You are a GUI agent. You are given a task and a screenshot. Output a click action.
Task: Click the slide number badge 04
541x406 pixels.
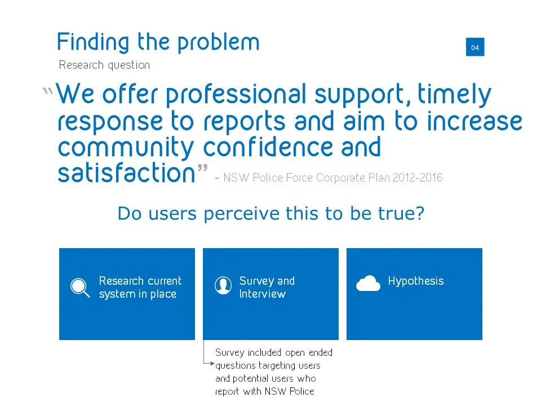coord(475,47)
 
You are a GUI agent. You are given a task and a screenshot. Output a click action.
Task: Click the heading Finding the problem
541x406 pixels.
coord(158,42)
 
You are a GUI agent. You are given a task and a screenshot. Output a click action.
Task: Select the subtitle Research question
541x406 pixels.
coord(104,65)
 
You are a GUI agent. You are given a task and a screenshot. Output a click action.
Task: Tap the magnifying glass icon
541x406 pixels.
coord(79,288)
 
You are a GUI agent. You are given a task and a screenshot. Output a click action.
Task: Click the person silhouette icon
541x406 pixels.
coord(223,286)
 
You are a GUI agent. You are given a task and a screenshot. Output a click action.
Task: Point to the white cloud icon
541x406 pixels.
coord(368,283)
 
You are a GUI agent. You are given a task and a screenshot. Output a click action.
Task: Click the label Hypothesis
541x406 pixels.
coord(415,281)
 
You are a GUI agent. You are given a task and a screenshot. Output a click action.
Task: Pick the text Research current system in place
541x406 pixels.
coord(140,287)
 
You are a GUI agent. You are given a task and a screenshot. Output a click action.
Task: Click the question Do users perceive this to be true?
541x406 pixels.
coord(270,214)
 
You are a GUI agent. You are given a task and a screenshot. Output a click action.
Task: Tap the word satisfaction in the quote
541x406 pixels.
coord(126,174)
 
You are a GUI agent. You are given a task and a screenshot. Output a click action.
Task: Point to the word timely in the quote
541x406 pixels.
coord(454,95)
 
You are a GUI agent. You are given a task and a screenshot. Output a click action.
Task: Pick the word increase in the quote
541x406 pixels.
coord(475,121)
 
